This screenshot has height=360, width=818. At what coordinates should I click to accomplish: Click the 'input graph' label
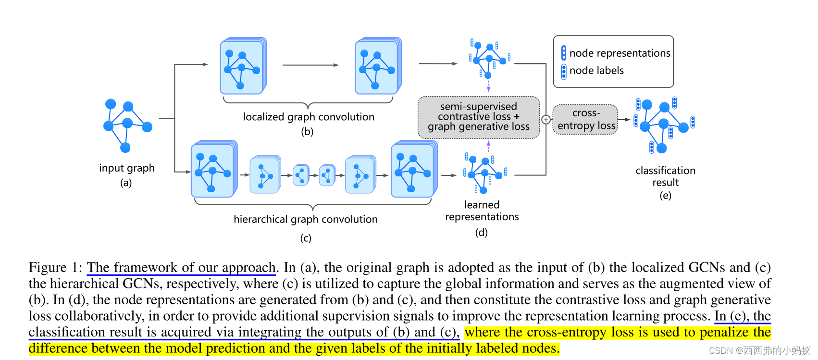click(127, 168)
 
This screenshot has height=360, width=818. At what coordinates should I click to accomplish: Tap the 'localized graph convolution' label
click(308, 117)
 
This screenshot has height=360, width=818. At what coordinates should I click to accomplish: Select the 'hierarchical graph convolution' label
click(306, 219)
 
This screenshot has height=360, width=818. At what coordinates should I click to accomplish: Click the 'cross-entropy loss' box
click(586, 119)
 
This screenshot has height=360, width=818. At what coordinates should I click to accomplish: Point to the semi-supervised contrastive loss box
click(479, 117)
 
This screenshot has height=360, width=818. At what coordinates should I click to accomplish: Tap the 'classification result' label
click(665, 176)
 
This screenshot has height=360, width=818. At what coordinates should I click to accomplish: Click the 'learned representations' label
click(482, 211)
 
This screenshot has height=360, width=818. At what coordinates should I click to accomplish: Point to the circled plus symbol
click(546, 120)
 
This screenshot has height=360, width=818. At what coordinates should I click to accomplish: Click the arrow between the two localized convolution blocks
click(310, 65)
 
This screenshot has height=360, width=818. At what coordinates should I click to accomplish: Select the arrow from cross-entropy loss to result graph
click(624, 119)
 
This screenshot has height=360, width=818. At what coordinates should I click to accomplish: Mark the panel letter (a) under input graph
click(126, 183)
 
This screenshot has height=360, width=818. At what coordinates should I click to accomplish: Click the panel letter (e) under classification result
click(665, 195)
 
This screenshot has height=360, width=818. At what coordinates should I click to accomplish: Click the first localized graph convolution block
click(242, 67)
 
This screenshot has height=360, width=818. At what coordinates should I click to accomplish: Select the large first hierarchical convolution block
click(213, 170)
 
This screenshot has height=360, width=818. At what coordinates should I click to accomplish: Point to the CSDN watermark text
click(759, 350)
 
